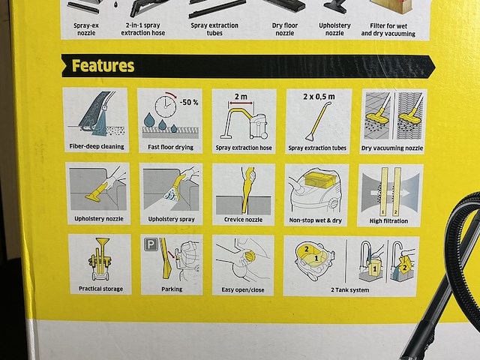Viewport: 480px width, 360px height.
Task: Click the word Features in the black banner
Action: [103, 66]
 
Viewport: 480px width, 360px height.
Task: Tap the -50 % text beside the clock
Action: [188, 102]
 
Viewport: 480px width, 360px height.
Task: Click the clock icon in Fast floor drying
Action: [166, 106]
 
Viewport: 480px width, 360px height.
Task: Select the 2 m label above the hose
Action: [241, 97]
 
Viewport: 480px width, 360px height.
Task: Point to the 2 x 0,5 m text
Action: [319, 97]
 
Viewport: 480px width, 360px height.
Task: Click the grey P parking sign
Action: [151, 244]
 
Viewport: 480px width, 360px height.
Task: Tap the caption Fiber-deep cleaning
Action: [97, 147]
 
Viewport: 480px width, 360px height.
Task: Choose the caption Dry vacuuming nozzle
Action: [392, 148]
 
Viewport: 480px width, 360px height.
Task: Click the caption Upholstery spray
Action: [172, 219]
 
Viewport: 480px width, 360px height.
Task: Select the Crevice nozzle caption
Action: [243, 220]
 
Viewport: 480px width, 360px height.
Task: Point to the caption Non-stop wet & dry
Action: [315, 220]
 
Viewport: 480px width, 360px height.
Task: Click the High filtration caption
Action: [388, 221]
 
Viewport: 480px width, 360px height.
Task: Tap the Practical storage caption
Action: [100, 289]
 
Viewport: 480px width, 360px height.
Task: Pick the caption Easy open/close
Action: [243, 289]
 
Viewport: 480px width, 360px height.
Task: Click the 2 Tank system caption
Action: [350, 290]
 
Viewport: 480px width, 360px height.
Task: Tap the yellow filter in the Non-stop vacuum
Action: [319, 178]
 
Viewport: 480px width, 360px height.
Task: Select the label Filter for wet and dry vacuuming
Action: [388, 30]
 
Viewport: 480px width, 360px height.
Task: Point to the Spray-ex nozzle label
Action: [86, 29]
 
